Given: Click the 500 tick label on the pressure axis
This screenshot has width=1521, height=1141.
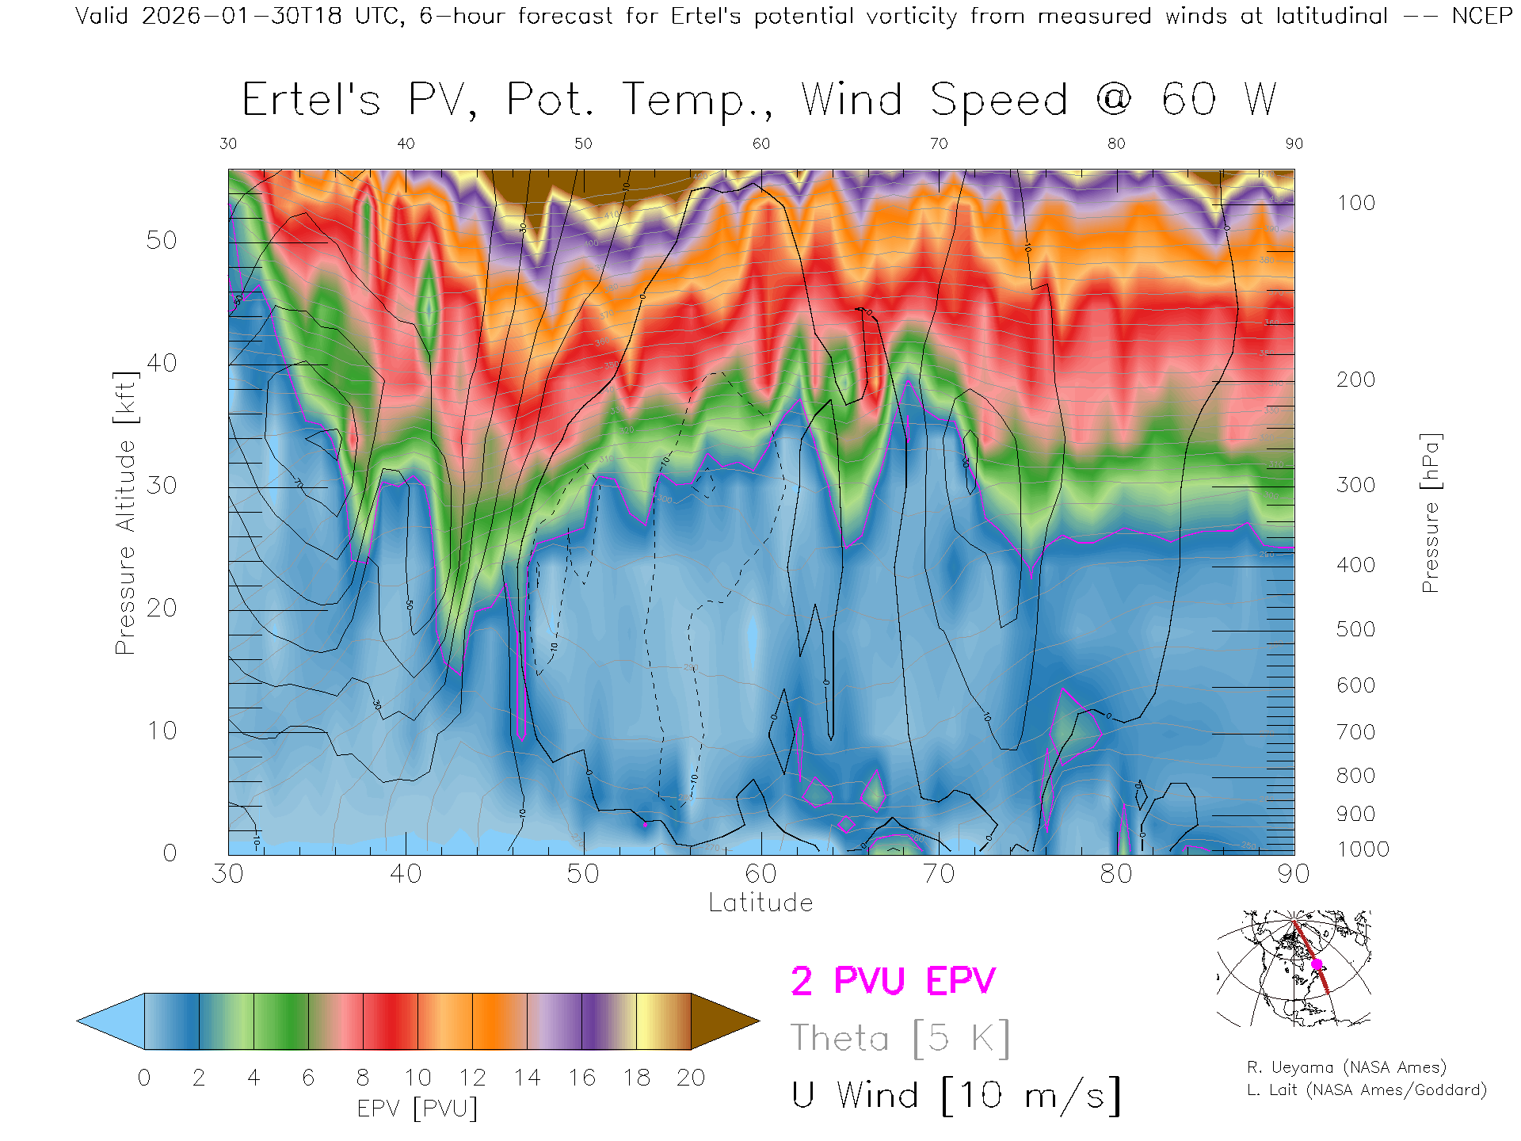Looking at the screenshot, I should pos(1355,629).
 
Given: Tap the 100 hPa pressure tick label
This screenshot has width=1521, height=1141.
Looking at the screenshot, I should pos(1355,203).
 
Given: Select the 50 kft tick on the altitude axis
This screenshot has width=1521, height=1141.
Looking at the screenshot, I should pos(162,240).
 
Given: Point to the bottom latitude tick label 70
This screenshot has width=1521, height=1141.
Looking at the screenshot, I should pos(939,874).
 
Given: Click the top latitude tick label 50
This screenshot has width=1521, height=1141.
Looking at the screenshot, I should pos(583,143).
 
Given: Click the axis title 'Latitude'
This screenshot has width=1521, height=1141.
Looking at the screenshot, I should pos(760,902).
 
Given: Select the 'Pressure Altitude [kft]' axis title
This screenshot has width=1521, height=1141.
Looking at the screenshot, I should pos(125,513).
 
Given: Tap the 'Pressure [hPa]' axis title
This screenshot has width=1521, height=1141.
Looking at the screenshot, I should pos(1430,513).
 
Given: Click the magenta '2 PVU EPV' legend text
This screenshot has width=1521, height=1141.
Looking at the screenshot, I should pos(893,981).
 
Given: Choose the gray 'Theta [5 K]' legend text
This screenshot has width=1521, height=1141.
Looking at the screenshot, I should pos(900,1038).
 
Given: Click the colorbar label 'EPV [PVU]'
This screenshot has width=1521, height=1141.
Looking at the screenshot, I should pos(417,1108).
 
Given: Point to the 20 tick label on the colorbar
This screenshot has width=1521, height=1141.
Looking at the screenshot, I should pos(691,1078).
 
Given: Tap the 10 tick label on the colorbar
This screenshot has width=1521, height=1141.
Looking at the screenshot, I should pos(417,1078).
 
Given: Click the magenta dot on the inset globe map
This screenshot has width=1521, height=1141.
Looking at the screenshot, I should pos(1317,964).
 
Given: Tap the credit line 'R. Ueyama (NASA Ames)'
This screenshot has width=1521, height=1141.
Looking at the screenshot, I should pos(1347,1067).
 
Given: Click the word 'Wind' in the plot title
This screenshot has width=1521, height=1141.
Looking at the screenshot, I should pos(852,101).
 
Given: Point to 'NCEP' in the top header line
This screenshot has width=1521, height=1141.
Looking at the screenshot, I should pos(1481,16).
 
